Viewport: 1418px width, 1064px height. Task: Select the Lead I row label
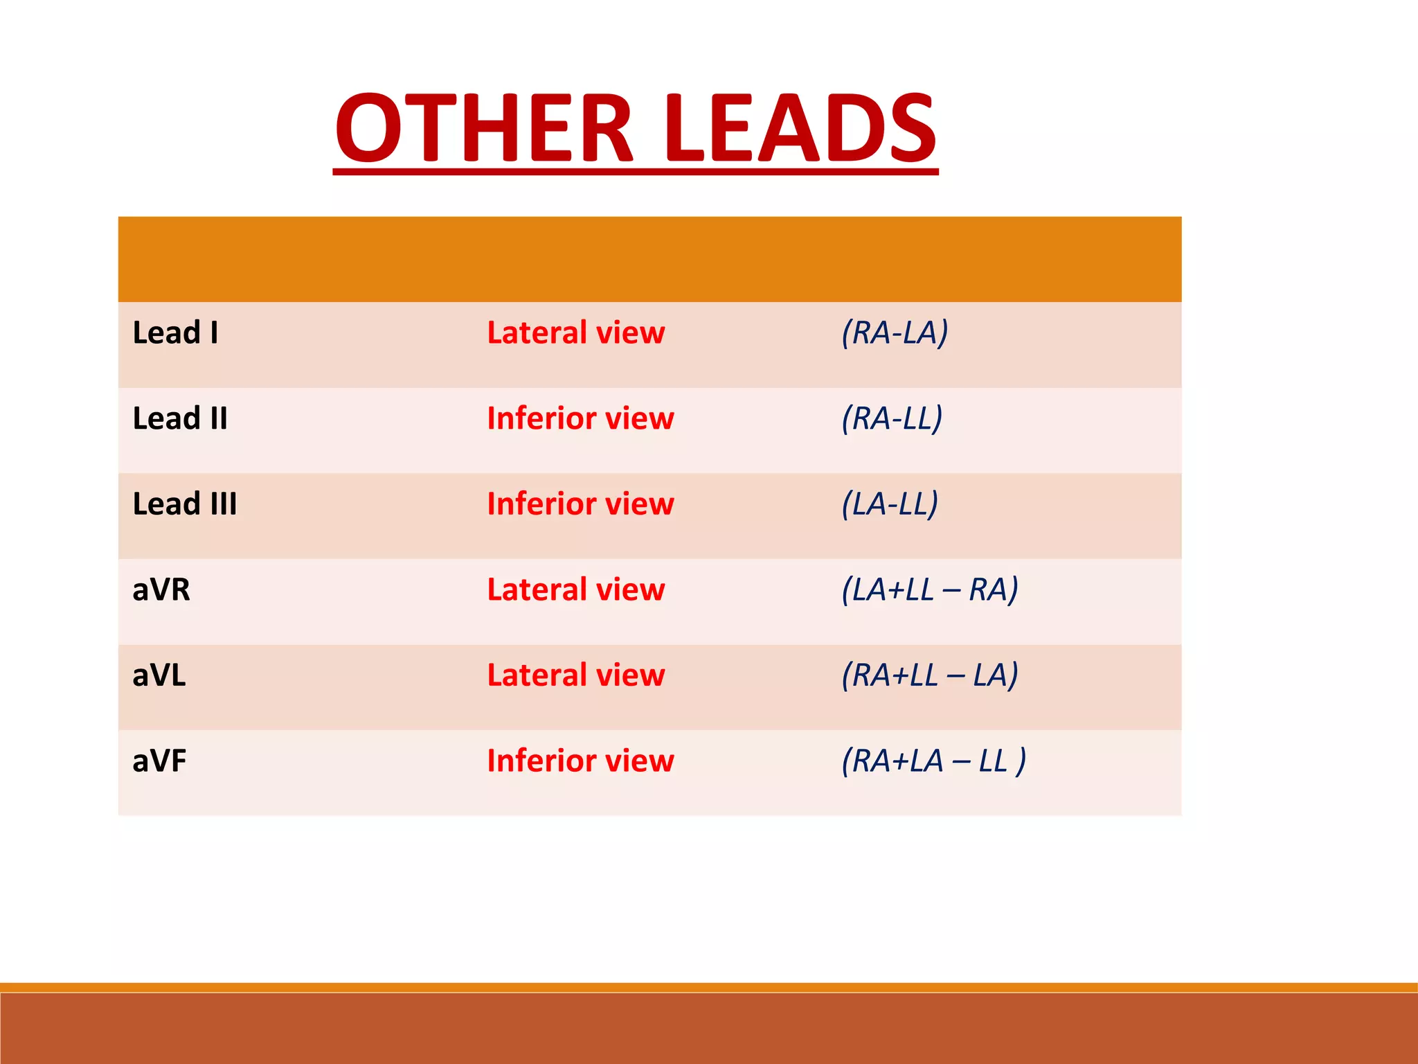[175, 333]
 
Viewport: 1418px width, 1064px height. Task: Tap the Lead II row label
[180, 418]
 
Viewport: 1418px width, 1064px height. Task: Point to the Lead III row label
[185, 504]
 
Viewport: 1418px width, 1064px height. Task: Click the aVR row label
[161, 590]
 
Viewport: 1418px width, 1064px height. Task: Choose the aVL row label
[159, 675]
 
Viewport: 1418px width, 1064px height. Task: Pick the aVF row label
[159, 761]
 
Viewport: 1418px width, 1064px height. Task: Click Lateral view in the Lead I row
[576, 333]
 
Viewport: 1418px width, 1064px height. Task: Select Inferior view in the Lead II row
[580, 418]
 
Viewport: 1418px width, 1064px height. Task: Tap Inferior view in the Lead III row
[580, 504]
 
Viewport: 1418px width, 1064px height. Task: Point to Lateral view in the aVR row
[576, 590]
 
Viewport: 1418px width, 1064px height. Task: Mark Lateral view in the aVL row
[576, 675]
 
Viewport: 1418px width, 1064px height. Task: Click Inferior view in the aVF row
[580, 761]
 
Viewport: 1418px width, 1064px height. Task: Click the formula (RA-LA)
[895, 333]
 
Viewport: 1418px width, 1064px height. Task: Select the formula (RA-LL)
[892, 418]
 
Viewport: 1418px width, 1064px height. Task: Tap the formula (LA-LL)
[890, 504]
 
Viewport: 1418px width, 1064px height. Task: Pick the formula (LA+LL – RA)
[930, 590]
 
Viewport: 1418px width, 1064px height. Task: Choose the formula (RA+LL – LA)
[930, 675]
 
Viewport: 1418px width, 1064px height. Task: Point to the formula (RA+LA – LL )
[933, 761]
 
